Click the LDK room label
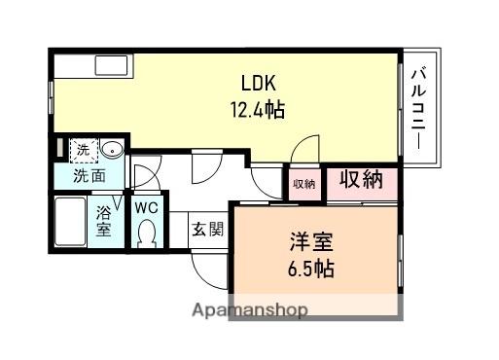(x=259, y=83)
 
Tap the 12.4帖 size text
(x=258, y=110)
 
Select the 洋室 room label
(x=311, y=242)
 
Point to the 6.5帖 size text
(x=311, y=269)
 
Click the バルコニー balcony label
(x=418, y=108)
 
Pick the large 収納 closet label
(x=361, y=179)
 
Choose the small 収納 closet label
(x=304, y=184)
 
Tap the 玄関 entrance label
(x=208, y=230)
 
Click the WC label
(x=147, y=207)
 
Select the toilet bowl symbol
(x=147, y=234)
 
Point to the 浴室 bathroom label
(x=104, y=221)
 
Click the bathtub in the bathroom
(x=70, y=222)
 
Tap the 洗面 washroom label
(x=89, y=176)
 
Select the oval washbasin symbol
(x=112, y=150)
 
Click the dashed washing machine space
(x=84, y=150)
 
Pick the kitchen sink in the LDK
(x=111, y=65)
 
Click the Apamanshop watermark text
(x=250, y=310)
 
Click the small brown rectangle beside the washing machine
(x=59, y=148)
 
